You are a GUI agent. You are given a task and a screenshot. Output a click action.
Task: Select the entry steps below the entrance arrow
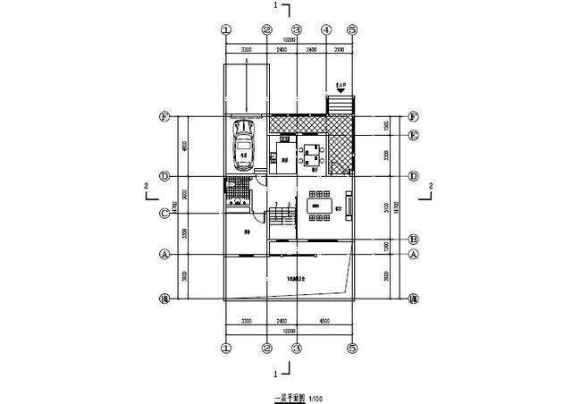(341, 106)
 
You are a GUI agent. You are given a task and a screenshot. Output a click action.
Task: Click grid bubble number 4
(326, 29)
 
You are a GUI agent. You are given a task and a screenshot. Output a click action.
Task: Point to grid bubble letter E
(413, 136)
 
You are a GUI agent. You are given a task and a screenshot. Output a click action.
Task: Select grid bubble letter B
(413, 240)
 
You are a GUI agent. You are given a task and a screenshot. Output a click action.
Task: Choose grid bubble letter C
(164, 213)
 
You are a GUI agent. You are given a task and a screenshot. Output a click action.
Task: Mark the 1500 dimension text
(385, 126)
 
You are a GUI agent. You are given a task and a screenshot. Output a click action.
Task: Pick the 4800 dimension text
(184, 147)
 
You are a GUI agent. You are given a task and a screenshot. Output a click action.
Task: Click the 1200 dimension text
(385, 247)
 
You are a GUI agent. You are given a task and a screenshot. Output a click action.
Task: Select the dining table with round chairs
(312, 151)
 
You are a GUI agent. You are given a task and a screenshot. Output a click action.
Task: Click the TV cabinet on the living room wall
(350, 206)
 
